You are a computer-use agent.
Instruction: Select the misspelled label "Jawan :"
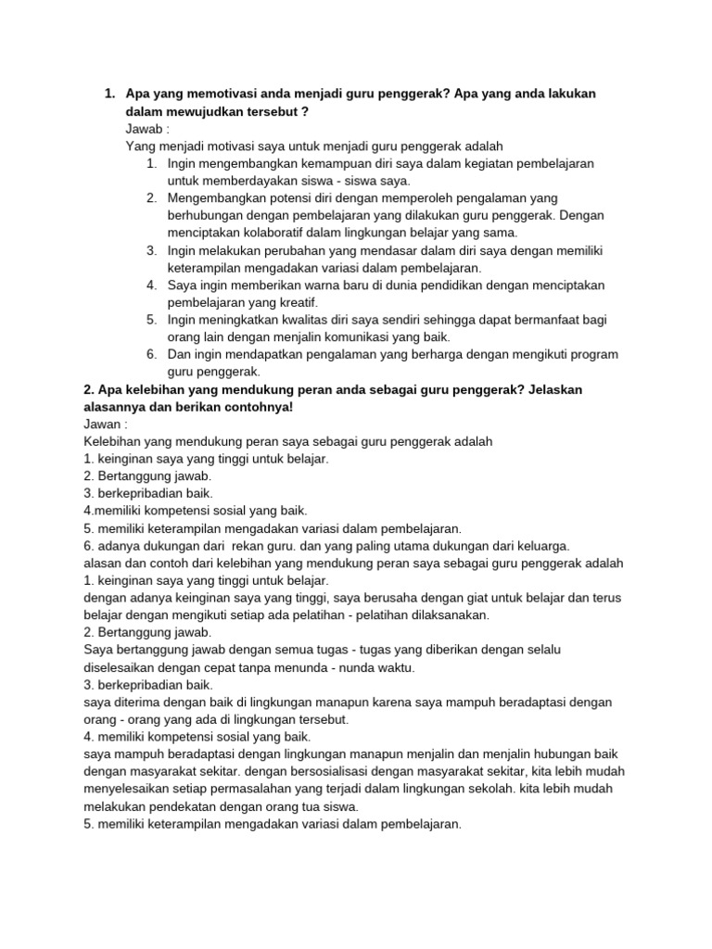pyautogui.click(x=107, y=424)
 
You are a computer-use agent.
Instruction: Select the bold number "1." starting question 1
pyautogui.click(x=109, y=95)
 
